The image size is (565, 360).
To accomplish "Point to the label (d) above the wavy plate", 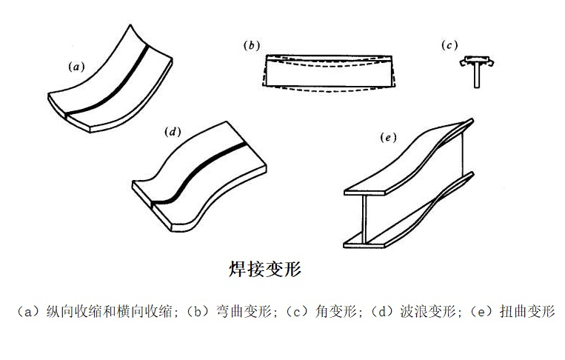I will coord(172,133).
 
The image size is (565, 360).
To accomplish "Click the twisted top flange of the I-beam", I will coord(415,156).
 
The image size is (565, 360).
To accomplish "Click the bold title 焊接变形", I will coord(265,270).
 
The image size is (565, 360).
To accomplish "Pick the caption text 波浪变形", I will coord(426,312).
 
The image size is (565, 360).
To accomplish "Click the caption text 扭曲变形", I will coord(530,312).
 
